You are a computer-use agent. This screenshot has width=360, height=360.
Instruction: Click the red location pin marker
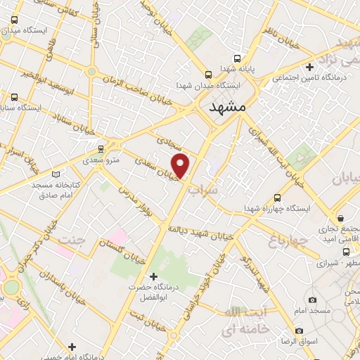pyautogui.click(x=181, y=166)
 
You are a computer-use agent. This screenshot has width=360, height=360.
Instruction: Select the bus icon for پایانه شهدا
pyautogui.click(x=237, y=58)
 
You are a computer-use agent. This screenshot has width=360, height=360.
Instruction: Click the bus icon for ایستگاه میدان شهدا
pyautogui.click(x=208, y=74)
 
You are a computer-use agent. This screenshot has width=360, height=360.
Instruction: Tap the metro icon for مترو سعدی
pyautogui.click(x=102, y=149)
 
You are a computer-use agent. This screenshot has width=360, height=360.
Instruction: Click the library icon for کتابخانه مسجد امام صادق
pyautogui.click(x=56, y=173)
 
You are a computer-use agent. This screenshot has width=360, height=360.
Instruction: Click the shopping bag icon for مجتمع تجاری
pyautogui.click(x=340, y=218)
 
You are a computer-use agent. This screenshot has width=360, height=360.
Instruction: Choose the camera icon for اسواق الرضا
pyautogui.click(x=300, y=330)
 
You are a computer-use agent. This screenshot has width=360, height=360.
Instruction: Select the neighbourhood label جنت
pyautogui.click(x=70, y=240)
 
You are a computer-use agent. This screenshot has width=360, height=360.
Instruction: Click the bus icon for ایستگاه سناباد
pyautogui.click(x=15, y=97)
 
